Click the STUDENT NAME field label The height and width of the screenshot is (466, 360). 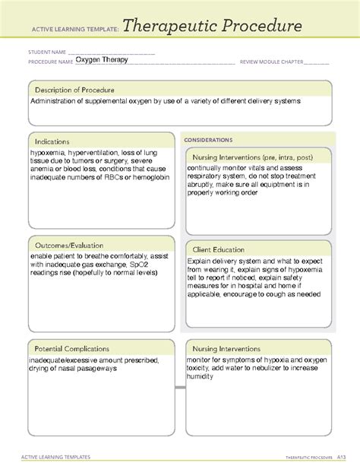tap(46, 52)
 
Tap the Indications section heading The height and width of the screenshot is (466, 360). tap(52, 141)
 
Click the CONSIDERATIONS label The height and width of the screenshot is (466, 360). tap(207, 140)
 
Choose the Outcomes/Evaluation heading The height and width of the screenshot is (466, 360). tap(68, 246)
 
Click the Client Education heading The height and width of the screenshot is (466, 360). tap(218, 249)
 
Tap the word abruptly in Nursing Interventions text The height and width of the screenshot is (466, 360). tap(204, 185)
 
